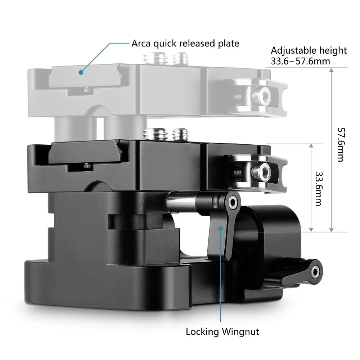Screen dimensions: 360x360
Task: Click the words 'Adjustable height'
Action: click(309, 50)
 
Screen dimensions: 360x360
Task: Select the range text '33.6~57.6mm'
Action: click(300, 61)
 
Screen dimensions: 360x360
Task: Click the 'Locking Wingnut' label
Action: click(222, 332)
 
